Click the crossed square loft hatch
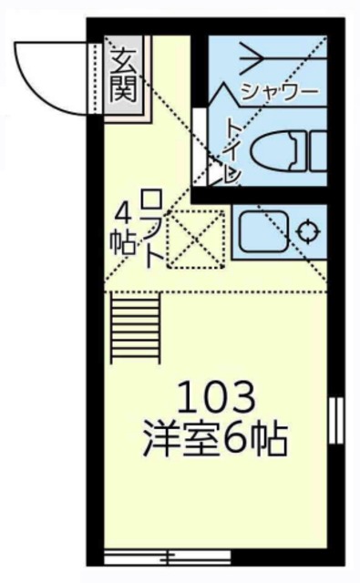point(196,234)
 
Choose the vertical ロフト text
point(152,228)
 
